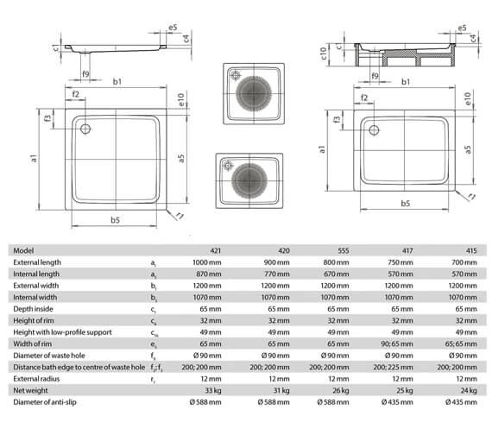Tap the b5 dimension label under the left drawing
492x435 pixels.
coord(115,220)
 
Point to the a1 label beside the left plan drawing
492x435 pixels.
coord(34,158)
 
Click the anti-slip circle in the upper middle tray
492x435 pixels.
coord(254,93)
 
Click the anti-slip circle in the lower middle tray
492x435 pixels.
coord(249,180)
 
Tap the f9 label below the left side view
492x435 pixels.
coord(85,74)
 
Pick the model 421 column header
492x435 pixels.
coord(216,251)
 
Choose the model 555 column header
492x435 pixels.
coord(344,251)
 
